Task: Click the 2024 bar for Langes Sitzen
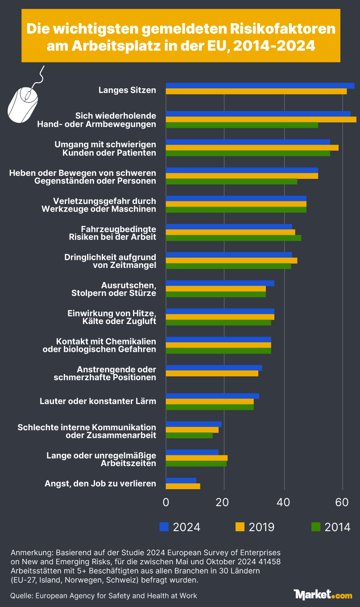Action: click(x=260, y=86)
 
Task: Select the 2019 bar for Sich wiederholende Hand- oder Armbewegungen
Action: click(x=261, y=119)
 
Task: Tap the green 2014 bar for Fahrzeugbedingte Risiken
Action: click(x=233, y=238)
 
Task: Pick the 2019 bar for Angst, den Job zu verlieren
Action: click(x=183, y=486)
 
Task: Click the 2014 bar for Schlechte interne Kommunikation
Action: click(x=189, y=435)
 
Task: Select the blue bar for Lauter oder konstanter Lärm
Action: click(x=212, y=396)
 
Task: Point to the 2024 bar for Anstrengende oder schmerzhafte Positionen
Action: click(x=214, y=368)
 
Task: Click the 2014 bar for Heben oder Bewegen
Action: click(x=232, y=181)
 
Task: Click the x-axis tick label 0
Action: click(x=166, y=502)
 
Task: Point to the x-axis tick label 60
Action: click(x=342, y=502)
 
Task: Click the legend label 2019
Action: click(x=261, y=527)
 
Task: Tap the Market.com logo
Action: click(x=323, y=594)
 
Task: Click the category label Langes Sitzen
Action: click(x=127, y=90)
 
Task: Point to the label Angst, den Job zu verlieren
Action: click(x=100, y=483)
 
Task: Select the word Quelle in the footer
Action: click(x=21, y=595)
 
